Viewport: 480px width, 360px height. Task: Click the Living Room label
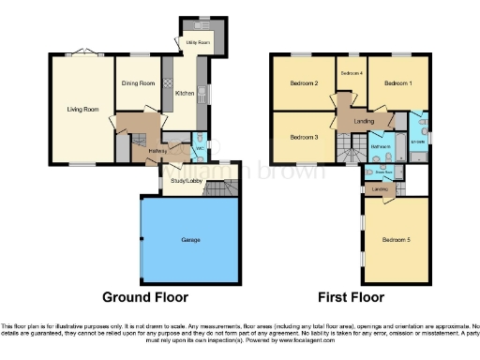[x=82, y=110]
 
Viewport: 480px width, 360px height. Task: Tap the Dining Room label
[x=138, y=83]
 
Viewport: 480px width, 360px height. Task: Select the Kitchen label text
[x=185, y=93]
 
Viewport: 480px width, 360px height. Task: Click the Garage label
[x=191, y=240]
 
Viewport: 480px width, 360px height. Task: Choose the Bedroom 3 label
[x=304, y=138]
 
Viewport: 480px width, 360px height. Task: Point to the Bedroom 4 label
[x=351, y=73]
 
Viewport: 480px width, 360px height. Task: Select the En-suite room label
[x=419, y=142]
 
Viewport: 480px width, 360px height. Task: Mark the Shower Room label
[x=382, y=172]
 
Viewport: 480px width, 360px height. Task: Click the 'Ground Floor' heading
[x=144, y=297]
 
